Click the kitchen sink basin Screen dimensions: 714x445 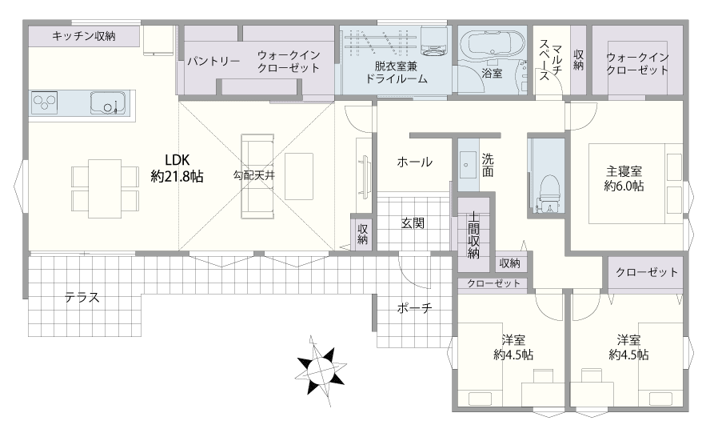[x=107, y=103]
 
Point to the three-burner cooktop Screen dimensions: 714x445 [x=44, y=102]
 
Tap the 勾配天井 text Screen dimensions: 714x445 [x=254, y=175]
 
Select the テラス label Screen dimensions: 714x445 [x=82, y=298]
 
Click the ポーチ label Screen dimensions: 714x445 [x=414, y=309]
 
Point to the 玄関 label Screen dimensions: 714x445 [x=413, y=223]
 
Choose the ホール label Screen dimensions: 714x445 [x=414, y=162]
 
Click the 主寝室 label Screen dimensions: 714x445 [x=624, y=171]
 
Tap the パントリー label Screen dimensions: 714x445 [x=214, y=61]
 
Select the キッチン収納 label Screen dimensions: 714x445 [x=84, y=36]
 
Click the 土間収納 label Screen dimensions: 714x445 [x=473, y=235]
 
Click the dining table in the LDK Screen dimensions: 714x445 [x=105, y=189]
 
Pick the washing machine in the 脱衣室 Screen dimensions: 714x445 [x=435, y=40]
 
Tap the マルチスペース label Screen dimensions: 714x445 [x=550, y=60]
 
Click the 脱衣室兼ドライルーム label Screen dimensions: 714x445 [x=397, y=73]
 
